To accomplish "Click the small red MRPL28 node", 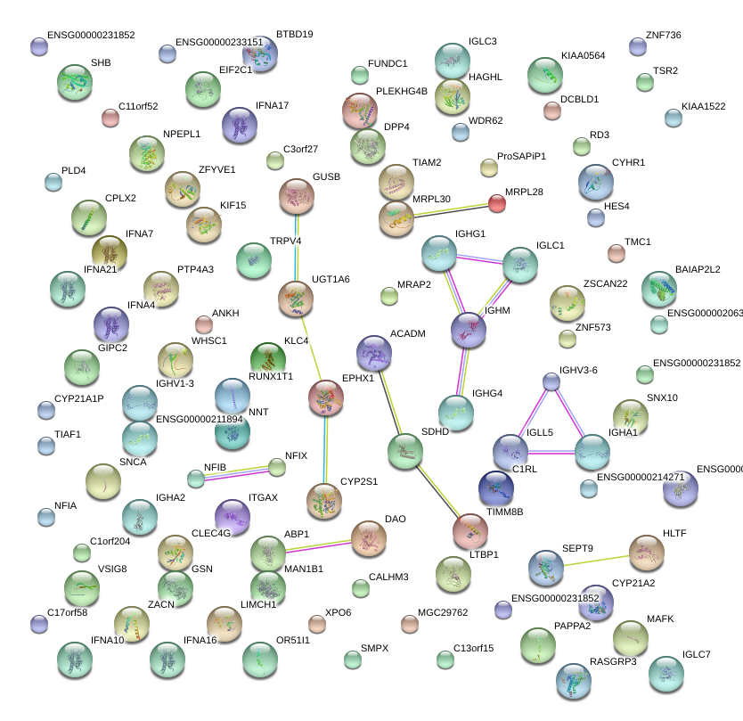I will coord(497,202).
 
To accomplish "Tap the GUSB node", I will coord(297,196).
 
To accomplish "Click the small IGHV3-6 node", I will coord(551,381).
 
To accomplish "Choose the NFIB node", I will coord(196,479).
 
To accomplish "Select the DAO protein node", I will coord(369,537).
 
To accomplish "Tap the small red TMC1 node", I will coord(616,253).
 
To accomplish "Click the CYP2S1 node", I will coord(323,501).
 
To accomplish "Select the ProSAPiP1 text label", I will coord(521,156).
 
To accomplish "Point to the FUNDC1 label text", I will coord(389,64).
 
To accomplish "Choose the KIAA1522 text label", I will coord(704,107).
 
